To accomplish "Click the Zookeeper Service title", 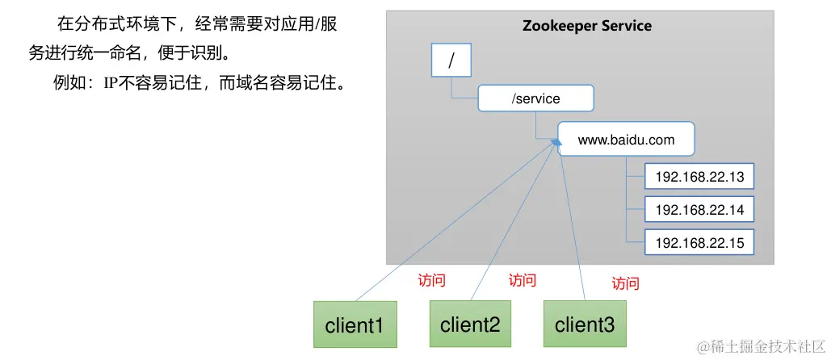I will click(x=587, y=26).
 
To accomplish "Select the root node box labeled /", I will click(x=451, y=60).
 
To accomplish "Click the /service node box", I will click(x=536, y=98).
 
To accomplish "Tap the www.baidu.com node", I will click(x=626, y=140).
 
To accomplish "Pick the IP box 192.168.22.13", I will click(x=699, y=177).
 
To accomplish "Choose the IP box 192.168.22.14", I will click(x=699, y=210).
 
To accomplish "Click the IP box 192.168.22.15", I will click(x=699, y=242).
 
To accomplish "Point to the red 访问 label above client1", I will click(x=431, y=281).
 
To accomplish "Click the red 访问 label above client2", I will click(x=522, y=281).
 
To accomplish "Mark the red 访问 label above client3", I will click(x=625, y=283).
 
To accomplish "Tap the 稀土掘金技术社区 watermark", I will click(x=764, y=346).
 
